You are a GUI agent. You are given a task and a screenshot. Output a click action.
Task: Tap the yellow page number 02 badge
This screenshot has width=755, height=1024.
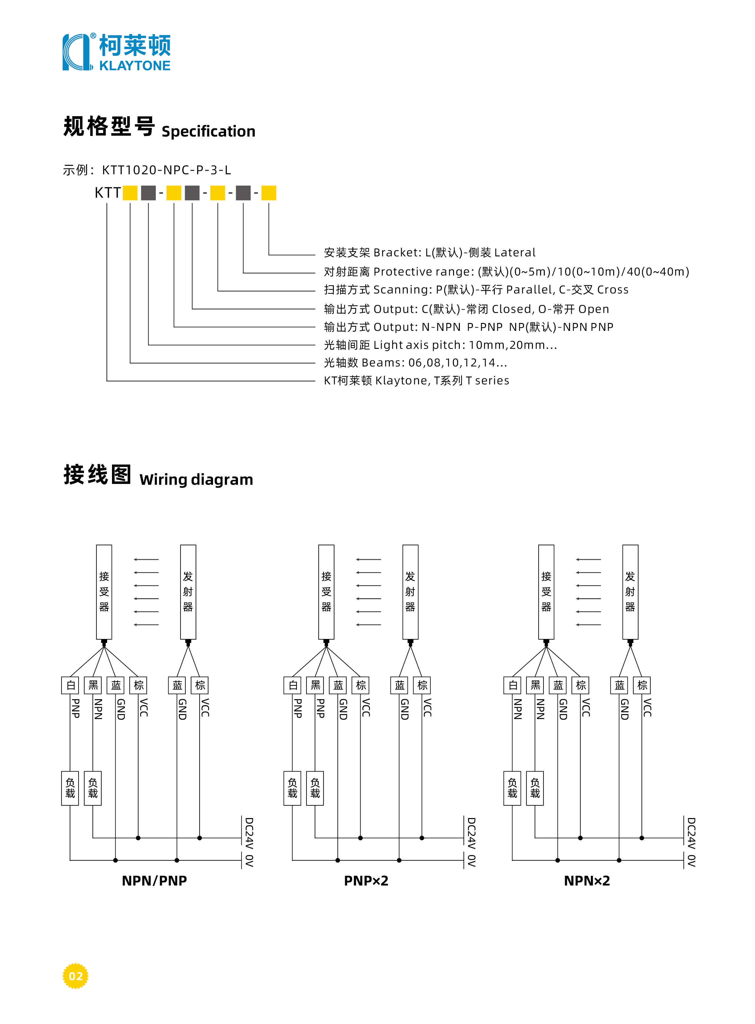(x=75, y=976)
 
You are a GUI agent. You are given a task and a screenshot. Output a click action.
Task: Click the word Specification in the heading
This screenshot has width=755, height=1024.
(x=208, y=132)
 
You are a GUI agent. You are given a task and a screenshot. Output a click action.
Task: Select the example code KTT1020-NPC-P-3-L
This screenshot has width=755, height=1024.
(x=166, y=170)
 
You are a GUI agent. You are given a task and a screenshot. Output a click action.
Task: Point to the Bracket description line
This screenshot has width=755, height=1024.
(x=430, y=252)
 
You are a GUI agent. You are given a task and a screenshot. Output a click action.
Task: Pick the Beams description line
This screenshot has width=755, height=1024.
(x=415, y=363)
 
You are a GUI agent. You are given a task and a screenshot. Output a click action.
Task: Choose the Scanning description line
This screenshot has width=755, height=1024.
(x=476, y=290)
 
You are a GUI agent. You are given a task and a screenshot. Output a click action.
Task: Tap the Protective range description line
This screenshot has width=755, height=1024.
(x=506, y=272)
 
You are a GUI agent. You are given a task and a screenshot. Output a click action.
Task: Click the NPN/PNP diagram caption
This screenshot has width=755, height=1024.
(x=155, y=880)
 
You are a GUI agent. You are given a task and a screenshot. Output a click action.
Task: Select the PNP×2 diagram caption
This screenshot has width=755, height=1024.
(x=366, y=880)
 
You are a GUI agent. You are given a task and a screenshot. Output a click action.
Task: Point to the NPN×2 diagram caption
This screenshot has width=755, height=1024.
(x=587, y=880)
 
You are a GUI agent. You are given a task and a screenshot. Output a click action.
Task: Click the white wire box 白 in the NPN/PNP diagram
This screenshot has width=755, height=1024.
(x=70, y=685)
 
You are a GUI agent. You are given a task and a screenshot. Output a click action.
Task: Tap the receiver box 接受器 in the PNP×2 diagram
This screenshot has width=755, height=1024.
(x=326, y=592)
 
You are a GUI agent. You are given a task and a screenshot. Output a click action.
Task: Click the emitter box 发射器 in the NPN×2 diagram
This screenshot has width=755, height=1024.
(x=630, y=592)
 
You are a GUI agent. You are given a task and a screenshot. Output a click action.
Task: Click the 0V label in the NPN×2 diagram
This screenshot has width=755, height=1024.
(x=691, y=861)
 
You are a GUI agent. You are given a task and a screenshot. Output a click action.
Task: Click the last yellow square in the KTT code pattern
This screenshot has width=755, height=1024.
(x=269, y=193)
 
